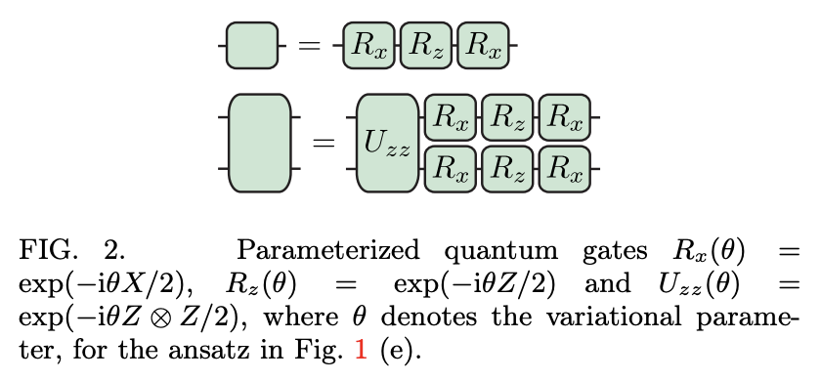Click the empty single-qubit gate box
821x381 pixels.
point(252,45)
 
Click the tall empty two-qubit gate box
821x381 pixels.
point(258,144)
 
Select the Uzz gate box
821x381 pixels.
point(387,144)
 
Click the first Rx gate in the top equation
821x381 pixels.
point(369,45)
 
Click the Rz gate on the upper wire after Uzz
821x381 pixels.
point(508,118)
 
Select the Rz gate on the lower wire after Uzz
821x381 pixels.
point(508,169)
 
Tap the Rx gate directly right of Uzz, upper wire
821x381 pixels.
point(451,118)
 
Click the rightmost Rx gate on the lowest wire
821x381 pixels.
point(565,169)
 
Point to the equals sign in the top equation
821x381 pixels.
point(310,46)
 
